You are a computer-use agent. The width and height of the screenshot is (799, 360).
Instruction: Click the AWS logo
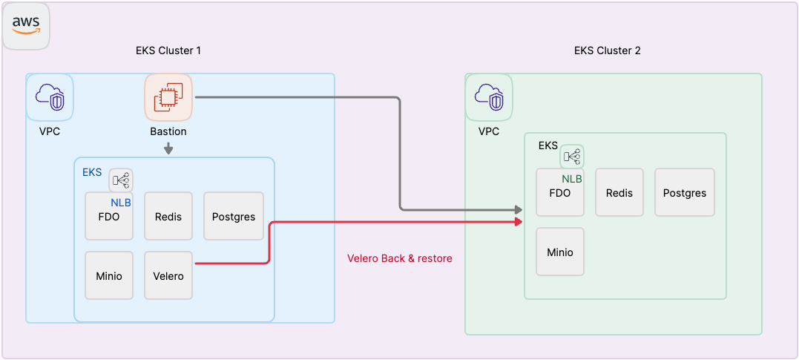[x=26, y=25]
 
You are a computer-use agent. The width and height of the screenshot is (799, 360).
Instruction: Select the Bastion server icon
[x=168, y=96]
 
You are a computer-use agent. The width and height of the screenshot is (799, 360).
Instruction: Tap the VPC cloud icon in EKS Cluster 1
[x=50, y=97]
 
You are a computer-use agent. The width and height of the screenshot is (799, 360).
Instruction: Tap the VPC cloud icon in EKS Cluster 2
[x=489, y=97]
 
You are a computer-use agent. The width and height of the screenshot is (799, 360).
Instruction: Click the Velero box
[x=168, y=275]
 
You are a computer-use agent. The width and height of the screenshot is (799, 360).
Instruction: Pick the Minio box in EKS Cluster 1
[x=109, y=275]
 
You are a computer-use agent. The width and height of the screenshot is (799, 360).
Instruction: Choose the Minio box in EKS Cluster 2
[x=560, y=252]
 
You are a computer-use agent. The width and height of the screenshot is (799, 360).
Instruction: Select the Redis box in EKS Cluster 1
[x=168, y=216]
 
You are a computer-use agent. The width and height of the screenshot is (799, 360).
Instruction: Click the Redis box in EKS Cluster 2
[x=619, y=192]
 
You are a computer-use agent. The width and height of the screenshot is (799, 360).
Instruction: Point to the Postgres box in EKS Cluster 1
[x=234, y=216]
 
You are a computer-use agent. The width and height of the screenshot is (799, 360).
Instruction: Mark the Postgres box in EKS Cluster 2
[x=685, y=192]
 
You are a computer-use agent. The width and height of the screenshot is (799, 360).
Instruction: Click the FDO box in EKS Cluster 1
[x=109, y=217]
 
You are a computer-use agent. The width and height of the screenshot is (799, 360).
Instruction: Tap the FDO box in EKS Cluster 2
[x=560, y=194]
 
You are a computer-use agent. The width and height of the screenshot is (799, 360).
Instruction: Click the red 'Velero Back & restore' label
[x=400, y=258]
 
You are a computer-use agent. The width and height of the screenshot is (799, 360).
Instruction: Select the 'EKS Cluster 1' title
[x=168, y=50]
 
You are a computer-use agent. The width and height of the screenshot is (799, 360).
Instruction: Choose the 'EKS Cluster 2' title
[x=608, y=50]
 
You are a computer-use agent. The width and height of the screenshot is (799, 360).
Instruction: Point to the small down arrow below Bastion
[x=168, y=148]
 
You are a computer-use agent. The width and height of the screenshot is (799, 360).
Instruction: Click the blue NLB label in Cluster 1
[x=121, y=202]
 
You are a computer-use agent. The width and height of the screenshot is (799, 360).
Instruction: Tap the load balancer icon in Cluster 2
[x=572, y=157]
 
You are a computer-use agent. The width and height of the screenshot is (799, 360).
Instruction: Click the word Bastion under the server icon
[x=168, y=131]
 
